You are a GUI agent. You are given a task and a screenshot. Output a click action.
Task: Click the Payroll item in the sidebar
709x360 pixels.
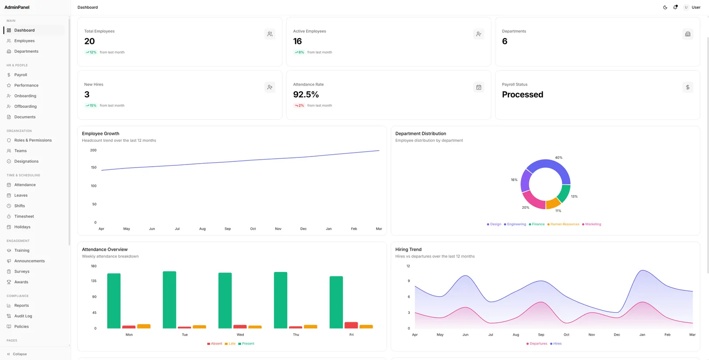pos(20,75)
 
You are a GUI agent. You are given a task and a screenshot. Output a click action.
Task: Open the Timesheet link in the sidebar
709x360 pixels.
pos(24,216)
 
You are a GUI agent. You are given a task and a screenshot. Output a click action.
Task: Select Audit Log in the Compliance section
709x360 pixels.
pos(23,316)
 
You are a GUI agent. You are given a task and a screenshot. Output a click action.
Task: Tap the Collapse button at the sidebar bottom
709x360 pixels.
pos(17,354)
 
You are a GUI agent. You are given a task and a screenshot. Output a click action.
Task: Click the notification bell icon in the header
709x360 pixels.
pos(675,7)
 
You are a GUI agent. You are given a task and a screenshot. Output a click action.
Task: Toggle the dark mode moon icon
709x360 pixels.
pos(665,7)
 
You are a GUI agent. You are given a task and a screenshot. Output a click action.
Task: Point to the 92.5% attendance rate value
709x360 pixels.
pos(306,94)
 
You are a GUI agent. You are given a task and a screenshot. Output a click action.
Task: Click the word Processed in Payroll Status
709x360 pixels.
pos(522,94)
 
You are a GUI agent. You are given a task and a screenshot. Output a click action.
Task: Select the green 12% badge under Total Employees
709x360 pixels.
pos(91,52)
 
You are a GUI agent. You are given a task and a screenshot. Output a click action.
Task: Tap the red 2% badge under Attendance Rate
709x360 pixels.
pos(299,106)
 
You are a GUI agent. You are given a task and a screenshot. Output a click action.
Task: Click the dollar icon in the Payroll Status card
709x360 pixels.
pos(687,87)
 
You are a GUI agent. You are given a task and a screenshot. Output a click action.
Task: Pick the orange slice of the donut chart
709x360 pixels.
pos(553,203)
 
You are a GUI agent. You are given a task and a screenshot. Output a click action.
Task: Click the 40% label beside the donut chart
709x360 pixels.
pos(559,158)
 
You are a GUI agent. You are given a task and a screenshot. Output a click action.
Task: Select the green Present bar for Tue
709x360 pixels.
pos(169,300)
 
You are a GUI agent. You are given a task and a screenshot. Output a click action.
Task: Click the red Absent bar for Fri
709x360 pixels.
pos(351,325)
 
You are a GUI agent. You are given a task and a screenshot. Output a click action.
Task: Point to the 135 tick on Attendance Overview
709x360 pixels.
pos(93,281)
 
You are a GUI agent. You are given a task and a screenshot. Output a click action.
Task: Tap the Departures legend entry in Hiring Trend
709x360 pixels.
pos(537,344)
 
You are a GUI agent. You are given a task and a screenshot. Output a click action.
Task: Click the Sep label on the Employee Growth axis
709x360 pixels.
pos(228,229)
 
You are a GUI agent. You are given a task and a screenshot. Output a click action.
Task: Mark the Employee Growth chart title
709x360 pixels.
pos(101,133)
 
